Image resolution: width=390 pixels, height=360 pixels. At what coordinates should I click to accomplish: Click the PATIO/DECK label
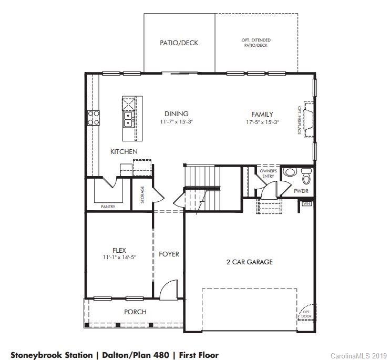(x=179, y=43)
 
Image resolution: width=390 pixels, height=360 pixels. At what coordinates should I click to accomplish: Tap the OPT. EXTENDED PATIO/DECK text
(x=256, y=43)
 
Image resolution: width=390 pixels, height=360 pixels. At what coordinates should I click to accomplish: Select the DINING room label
(x=176, y=114)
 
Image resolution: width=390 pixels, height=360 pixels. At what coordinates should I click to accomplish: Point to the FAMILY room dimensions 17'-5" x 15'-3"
(x=262, y=122)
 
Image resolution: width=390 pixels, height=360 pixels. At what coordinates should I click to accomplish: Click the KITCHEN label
(x=124, y=152)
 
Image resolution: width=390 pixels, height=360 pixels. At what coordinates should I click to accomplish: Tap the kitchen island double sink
(x=128, y=120)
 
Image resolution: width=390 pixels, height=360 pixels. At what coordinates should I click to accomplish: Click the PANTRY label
(x=108, y=207)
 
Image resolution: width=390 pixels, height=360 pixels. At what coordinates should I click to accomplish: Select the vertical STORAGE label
(x=142, y=194)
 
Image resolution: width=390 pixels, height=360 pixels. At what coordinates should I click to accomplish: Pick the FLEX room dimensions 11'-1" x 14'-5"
(x=119, y=257)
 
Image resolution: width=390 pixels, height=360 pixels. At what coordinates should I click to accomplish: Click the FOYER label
(x=169, y=254)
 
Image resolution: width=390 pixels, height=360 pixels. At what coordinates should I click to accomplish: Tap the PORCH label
(x=135, y=312)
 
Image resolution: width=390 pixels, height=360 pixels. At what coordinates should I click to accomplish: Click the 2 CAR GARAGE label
(x=249, y=262)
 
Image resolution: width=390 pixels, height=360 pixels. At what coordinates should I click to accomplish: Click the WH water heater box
(x=306, y=203)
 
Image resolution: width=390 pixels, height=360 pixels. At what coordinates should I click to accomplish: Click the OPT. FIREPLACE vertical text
(x=300, y=120)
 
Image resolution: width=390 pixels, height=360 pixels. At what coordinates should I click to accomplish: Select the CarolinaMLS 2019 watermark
(x=358, y=356)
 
